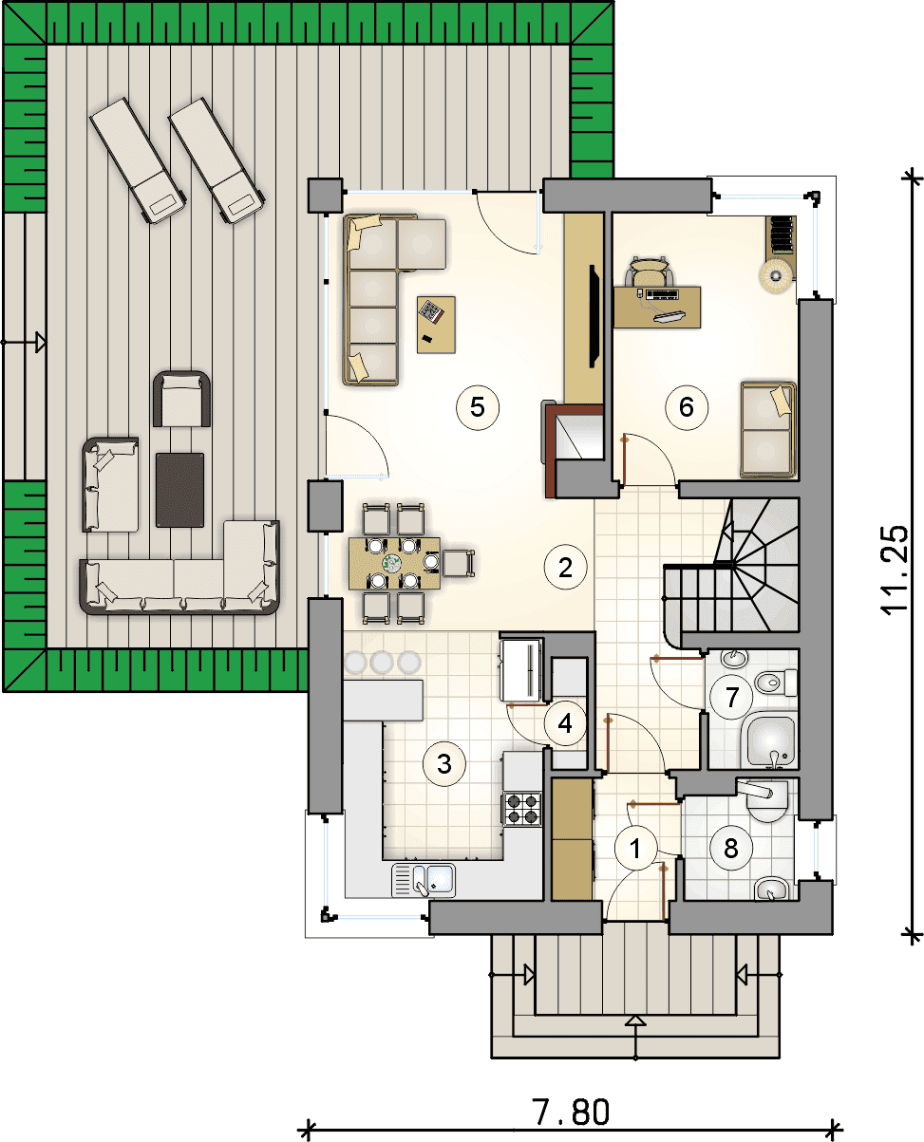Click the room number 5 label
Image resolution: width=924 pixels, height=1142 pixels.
pos(477,407)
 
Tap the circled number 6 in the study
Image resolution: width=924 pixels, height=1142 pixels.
pos(686,407)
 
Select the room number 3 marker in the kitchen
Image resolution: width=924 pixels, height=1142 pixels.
pos(444,764)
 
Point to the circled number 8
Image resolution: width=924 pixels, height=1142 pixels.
pos(730,849)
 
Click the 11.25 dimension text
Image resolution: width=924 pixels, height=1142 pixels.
pos(895,570)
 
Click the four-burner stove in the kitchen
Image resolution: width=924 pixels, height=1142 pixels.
pos(521,809)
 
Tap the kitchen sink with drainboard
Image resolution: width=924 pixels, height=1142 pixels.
pos(424,880)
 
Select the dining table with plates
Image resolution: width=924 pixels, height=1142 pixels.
pos(395,563)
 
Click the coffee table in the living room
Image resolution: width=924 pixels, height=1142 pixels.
pos(436,325)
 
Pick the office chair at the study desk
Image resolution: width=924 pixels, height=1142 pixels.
pos(648,272)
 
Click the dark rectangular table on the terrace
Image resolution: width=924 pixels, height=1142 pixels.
pos(179,490)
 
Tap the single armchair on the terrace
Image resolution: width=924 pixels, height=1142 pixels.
pos(181,400)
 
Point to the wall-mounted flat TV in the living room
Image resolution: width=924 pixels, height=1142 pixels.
pos(594,316)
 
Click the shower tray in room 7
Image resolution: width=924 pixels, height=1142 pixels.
pos(770,739)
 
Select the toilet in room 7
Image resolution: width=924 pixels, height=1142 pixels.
pos(776,682)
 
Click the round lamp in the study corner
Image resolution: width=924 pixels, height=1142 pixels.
pos(776,275)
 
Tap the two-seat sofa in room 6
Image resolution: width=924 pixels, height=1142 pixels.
pos(767,429)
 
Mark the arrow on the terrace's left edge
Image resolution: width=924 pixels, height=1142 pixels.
pos(24,342)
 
